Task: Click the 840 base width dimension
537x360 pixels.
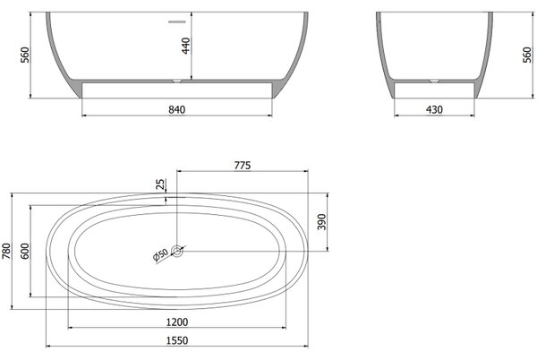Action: (x=176, y=109)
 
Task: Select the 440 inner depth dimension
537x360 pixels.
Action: (x=185, y=46)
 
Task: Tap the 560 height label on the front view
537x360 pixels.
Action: (x=25, y=55)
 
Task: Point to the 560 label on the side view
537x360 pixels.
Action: (x=527, y=55)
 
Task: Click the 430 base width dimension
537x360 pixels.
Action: (x=434, y=109)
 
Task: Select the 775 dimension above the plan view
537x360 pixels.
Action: (x=243, y=166)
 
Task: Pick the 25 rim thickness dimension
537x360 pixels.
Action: (x=160, y=184)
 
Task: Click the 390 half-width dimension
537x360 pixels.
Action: (x=321, y=221)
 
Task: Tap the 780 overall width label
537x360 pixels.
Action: (x=6, y=251)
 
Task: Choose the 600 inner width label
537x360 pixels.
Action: (x=25, y=251)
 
